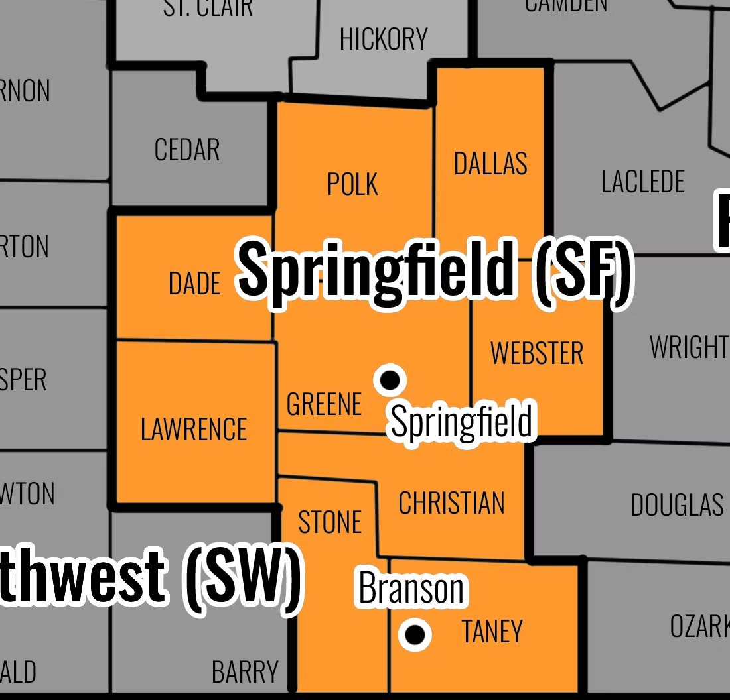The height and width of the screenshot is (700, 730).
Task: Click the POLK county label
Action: [x=352, y=184]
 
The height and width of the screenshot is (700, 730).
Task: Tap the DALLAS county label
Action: [x=490, y=163]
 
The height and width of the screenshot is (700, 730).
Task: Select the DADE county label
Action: [x=194, y=284]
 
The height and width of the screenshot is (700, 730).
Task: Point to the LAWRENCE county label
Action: [x=194, y=429]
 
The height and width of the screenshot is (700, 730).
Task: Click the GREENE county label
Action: [x=324, y=404]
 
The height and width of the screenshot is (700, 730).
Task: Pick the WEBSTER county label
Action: [x=537, y=353]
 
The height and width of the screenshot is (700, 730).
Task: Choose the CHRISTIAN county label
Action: [x=451, y=503]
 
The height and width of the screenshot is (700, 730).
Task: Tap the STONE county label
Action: [x=330, y=522]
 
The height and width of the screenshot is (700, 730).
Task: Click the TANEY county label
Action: [x=492, y=632]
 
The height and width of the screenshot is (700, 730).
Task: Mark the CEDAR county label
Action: [x=187, y=150]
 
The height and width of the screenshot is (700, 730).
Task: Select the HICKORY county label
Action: [x=384, y=40]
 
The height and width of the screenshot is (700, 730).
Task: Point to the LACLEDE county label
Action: [x=642, y=181]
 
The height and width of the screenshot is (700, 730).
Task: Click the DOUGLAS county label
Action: [x=677, y=505]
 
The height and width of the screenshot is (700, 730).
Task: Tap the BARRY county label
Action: [x=245, y=672]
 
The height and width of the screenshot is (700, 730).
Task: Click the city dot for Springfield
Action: [x=390, y=380]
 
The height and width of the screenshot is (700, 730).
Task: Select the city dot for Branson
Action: [x=415, y=635]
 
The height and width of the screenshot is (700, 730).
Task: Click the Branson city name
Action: [x=411, y=588]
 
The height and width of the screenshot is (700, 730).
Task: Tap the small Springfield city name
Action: [x=462, y=422]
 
